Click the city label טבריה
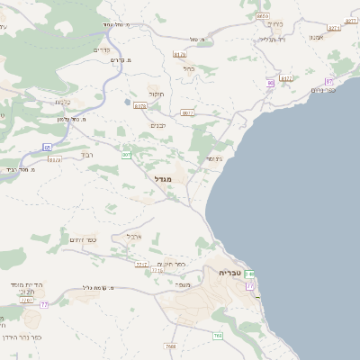tap(230, 271)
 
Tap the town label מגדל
tap(175, 178)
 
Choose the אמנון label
tap(316, 37)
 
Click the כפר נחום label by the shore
tap(323, 89)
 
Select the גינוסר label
tap(214, 159)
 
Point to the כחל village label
tap(188, 67)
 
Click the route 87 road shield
tap(329, 81)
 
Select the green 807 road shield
tap(126, 155)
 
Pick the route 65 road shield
tap(47, 146)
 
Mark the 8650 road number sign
tap(263, 16)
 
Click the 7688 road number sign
tap(171, 345)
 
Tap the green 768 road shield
tap(218, 336)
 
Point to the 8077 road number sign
tap(187, 112)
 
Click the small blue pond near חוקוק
tap(127, 102)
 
